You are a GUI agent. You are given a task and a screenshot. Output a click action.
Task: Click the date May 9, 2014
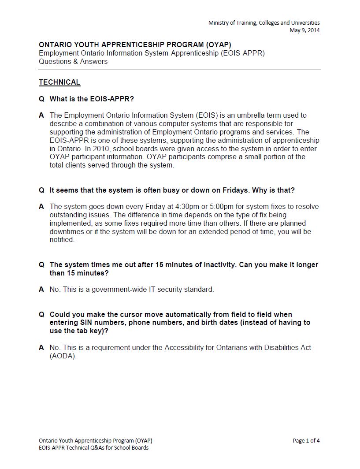[304, 30]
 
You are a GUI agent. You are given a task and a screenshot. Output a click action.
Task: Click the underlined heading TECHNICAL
[59, 82]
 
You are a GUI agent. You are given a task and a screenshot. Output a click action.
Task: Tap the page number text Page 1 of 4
[306, 440]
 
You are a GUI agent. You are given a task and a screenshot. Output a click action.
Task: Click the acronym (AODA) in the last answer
[63, 356]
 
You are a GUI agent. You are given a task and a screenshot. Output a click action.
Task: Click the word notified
[62, 240]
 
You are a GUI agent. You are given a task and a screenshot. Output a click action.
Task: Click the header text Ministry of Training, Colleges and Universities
[264, 22]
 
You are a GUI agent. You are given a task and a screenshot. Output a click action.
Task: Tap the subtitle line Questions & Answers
[73, 61]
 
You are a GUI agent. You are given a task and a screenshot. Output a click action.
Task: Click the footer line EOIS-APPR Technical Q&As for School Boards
[93, 448]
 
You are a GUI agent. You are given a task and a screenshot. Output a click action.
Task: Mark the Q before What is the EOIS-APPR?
[41, 99]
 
